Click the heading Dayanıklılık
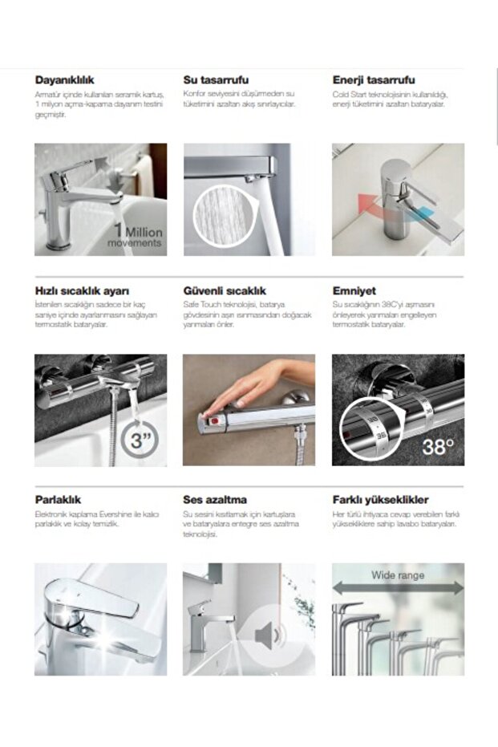click(65, 80)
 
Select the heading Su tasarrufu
click(216, 80)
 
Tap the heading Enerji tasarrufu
click(374, 80)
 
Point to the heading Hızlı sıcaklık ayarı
click(82, 290)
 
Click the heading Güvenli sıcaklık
click(225, 290)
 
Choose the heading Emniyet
click(354, 290)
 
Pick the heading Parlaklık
click(58, 499)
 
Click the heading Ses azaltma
click(215, 499)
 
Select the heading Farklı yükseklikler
click(380, 499)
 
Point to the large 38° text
click(438, 446)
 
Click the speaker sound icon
click(268, 636)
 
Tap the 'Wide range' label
click(398, 574)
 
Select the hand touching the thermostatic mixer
click(257, 385)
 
